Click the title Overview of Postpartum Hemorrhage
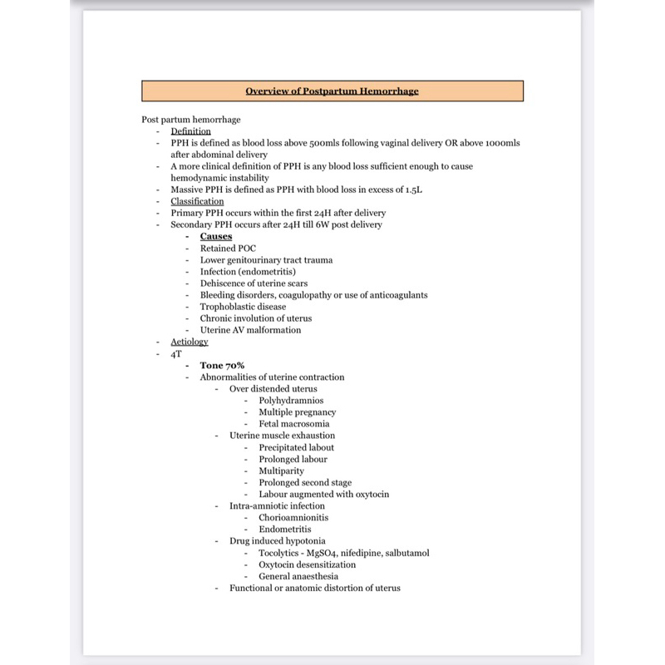(332, 91)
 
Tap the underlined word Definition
(190, 131)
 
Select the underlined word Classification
(197, 201)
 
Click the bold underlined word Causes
(216, 236)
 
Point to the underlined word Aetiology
(190, 342)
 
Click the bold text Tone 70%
(222, 365)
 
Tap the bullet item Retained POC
(229, 248)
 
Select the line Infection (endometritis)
(248, 272)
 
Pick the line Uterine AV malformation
(250, 330)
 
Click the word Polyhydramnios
(291, 401)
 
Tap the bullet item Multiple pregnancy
(297, 412)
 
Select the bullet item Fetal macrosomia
(293, 424)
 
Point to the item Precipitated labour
(296, 447)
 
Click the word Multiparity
(281, 470)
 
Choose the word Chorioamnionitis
(293, 517)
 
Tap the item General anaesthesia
(298, 576)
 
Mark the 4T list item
(176, 353)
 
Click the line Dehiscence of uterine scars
(254, 283)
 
